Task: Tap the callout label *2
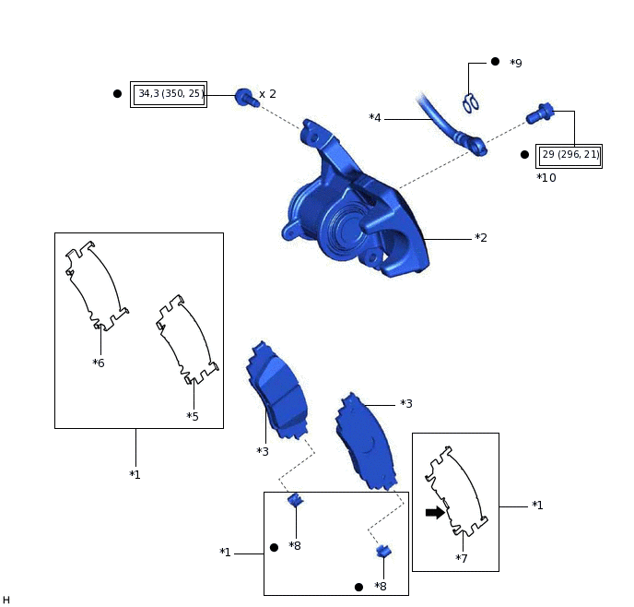480,238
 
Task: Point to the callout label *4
375,118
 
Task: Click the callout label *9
515,64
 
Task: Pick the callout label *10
546,177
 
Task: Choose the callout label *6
99,363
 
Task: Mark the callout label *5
193,416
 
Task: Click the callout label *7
462,558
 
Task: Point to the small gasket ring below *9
471,103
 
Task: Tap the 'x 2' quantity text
267,94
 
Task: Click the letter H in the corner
6,600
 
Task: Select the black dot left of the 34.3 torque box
117,93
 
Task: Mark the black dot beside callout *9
495,62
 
